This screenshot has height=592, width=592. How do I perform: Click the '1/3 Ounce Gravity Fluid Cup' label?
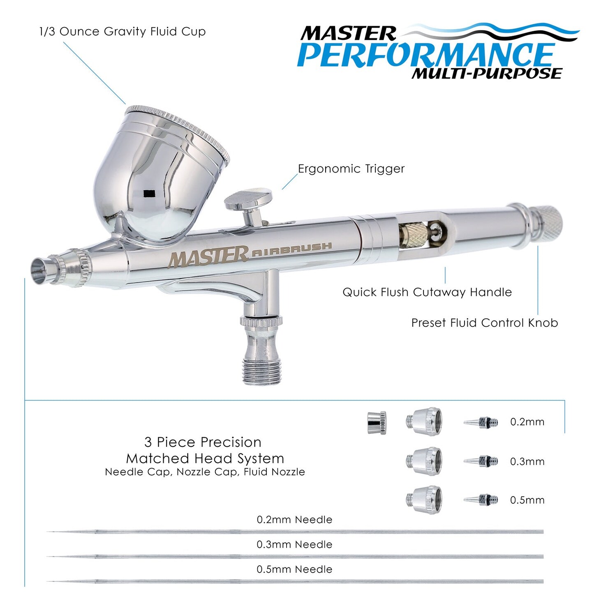coord(122,32)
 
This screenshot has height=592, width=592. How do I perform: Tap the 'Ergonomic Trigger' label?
coord(351,169)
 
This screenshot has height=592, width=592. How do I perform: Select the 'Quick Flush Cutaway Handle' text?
coord(427,292)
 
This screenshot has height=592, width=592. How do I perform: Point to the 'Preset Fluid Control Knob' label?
coord(484,323)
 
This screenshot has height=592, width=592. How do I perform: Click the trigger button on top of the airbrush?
coord(248,199)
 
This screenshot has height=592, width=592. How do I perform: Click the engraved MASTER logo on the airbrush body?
coord(208,257)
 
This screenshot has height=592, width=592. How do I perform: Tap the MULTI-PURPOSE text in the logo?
coord(486,74)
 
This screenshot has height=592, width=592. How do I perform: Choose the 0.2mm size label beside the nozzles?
coord(527,422)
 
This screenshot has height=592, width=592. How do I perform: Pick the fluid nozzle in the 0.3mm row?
coord(481,461)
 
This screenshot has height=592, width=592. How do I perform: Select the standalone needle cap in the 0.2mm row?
coord(377,422)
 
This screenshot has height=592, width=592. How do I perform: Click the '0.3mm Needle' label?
coord(294,545)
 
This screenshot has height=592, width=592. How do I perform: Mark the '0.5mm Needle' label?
coord(294,569)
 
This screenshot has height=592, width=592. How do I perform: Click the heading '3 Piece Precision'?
coord(203,442)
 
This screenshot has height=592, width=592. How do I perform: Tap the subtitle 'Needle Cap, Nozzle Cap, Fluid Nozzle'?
coord(205,472)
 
